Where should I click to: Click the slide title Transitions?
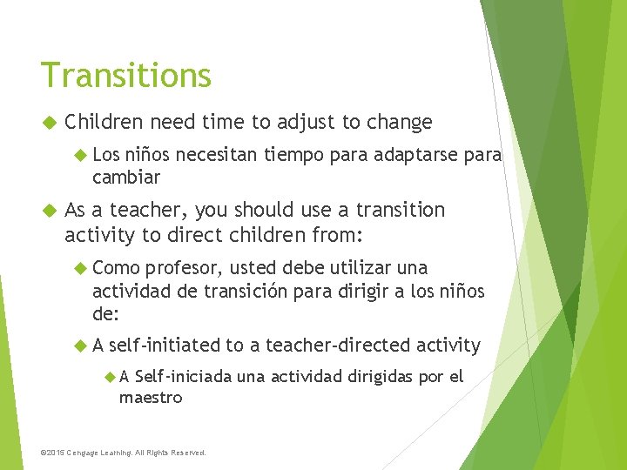click(125, 76)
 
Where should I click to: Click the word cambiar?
click(126, 178)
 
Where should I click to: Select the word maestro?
click(151, 397)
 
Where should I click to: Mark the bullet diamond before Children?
click(49, 123)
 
